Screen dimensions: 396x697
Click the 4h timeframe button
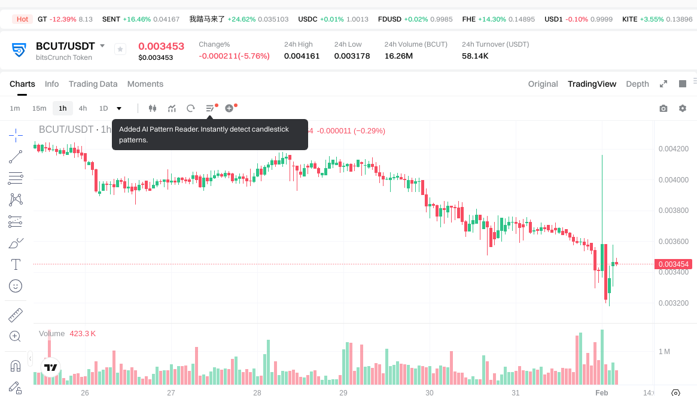(83, 108)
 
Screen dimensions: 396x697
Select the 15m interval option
(39, 108)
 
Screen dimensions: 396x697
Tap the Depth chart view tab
(637, 84)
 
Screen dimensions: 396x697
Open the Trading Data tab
(93, 84)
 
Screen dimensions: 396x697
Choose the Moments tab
(145, 84)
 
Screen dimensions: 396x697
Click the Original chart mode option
(543, 84)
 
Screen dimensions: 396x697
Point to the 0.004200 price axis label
(673, 149)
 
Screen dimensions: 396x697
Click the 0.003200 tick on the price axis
(673, 303)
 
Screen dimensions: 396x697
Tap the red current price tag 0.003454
(674, 264)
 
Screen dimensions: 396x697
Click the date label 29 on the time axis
(343, 392)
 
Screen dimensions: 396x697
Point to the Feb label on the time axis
(601, 392)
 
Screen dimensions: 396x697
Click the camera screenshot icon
(663, 108)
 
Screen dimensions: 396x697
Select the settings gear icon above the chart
(683, 108)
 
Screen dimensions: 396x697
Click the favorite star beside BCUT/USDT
(120, 50)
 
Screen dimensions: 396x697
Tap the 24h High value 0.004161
(302, 56)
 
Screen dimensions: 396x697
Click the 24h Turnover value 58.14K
(475, 56)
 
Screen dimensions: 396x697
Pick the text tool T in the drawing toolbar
(16, 264)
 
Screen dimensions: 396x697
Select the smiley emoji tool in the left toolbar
(16, 286)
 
